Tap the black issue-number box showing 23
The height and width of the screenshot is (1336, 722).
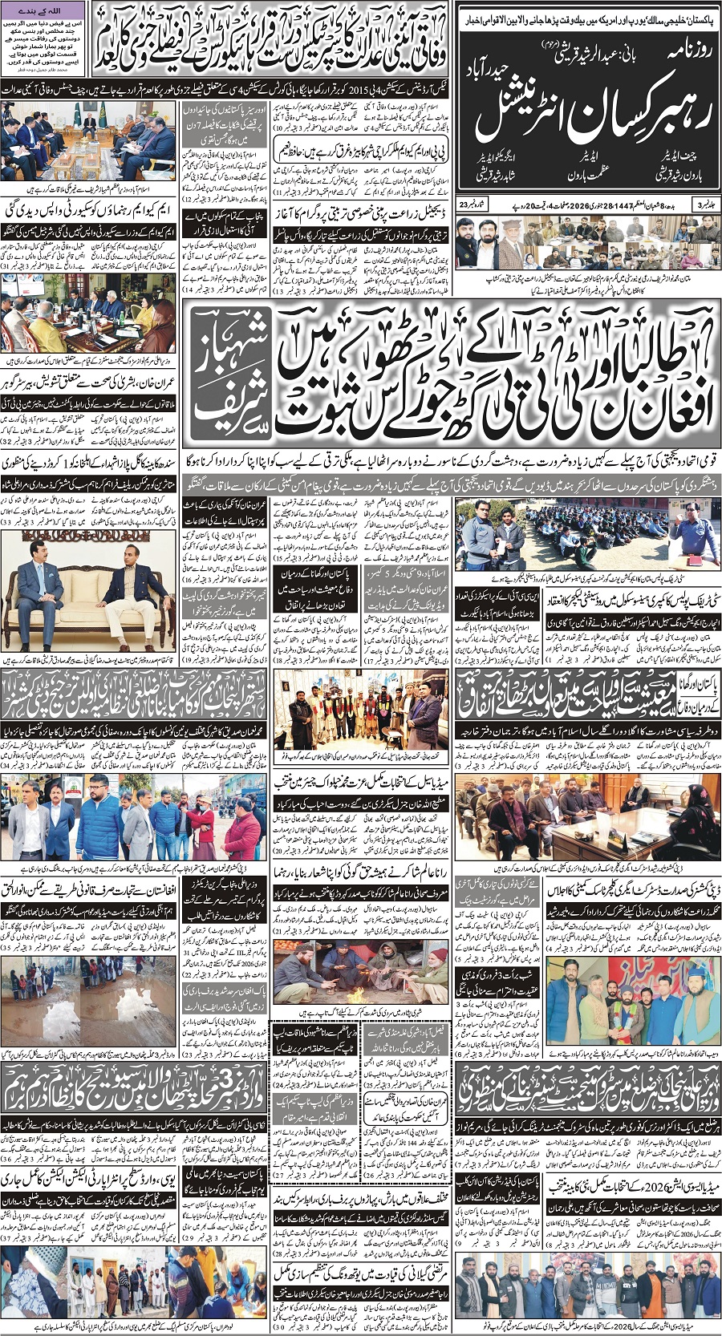click(x=466, y=207)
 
